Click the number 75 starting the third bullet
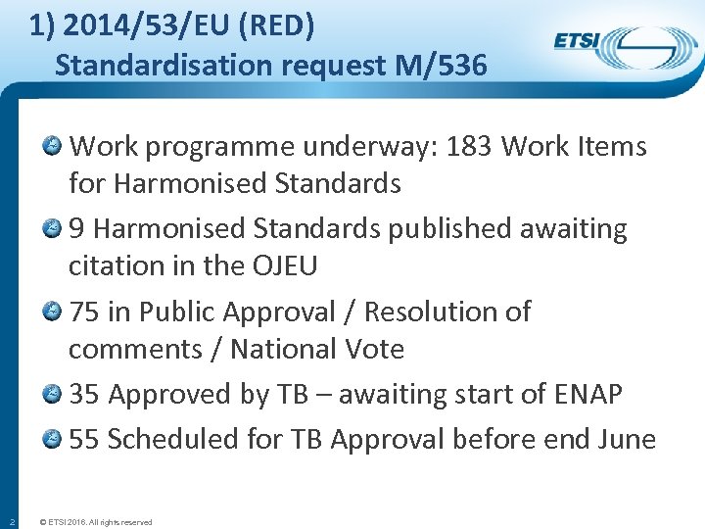[x=83, y=312]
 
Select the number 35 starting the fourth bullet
[x=83, y=394]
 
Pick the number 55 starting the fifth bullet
[x=83, y=439]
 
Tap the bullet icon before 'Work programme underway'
[x=54, y=147]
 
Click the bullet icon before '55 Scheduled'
[x=54, y=439]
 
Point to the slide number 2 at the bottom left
[x=10, y=521]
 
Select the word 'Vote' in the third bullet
[x=376, y=349]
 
